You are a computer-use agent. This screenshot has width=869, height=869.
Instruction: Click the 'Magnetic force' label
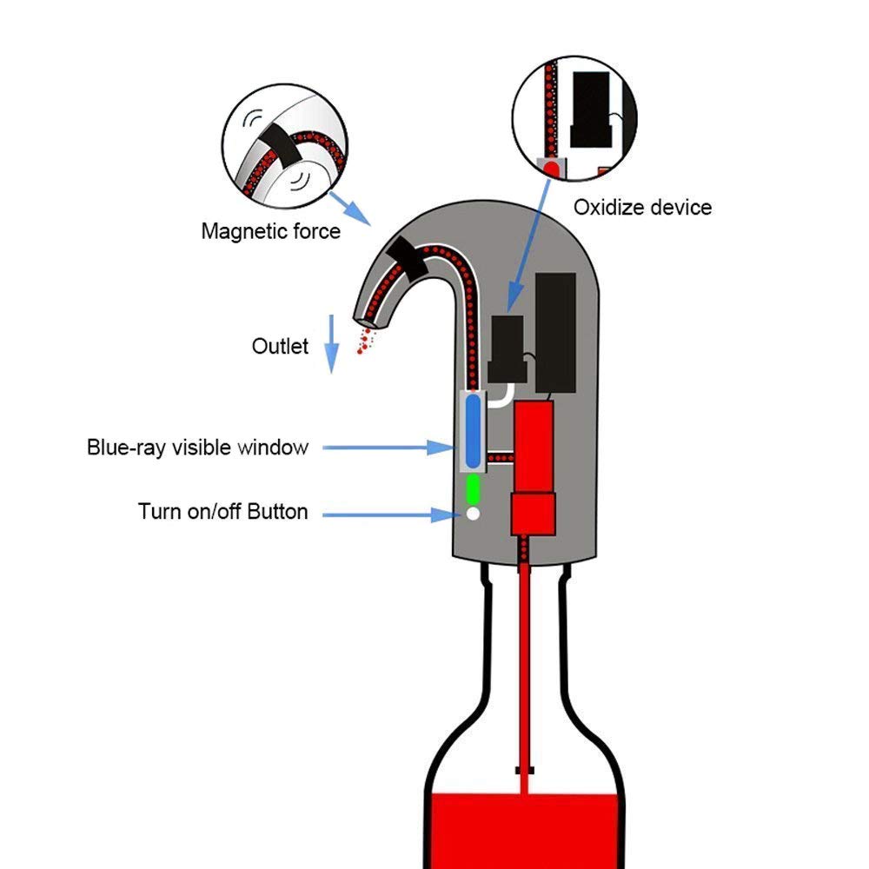pyautogui.click(x=270, y=232)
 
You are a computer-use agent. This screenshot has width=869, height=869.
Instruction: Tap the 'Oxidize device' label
pyautogui.click(x=642, y=208)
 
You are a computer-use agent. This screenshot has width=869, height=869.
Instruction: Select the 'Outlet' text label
pyautogui.click(x=280, y=346)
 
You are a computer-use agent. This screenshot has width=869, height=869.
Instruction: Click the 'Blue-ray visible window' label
pyautogui.click(x=197, y=448)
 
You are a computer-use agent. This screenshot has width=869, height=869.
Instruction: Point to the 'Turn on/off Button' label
pyautogui.click(x=222, y=512)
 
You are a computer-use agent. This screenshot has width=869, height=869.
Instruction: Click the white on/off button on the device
pyautogui.click(x=473, y=514)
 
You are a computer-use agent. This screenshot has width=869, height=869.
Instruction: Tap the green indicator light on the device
pyautogui.click(x=473, y=488)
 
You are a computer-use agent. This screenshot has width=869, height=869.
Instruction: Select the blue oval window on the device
pyautogui.click(x=472, y=430)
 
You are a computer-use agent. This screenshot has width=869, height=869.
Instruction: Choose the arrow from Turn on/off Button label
pyautogui.click(x=388, y=514)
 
